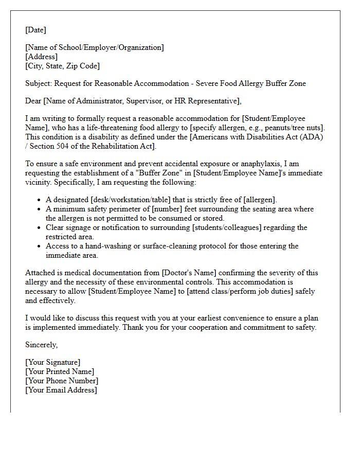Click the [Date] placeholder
coord(35,30)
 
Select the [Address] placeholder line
coord(41,57)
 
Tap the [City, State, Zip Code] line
coord(62,66)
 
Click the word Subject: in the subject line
coord(39,83)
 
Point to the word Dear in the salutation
coord(34,101)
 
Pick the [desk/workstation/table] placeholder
coord(131,200)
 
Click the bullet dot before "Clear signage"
coord(40,227)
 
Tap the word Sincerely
coord(42,345)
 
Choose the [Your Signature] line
coord(52,362)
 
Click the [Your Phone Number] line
coord(62,381)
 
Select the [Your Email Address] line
coord(61,390)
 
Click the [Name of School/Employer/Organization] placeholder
coord(95,47)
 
